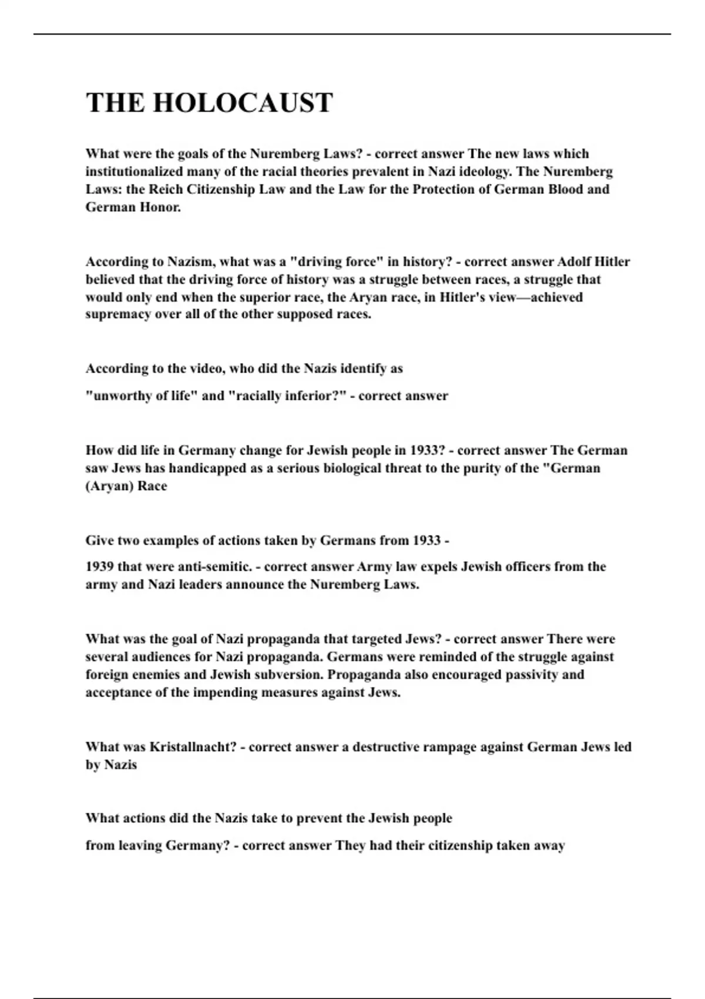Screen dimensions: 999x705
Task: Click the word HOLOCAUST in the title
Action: click(x=243, y=103)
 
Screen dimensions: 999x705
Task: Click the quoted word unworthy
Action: click(x=121, y=396)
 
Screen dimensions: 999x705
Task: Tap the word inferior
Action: click(x=314, y=396)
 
